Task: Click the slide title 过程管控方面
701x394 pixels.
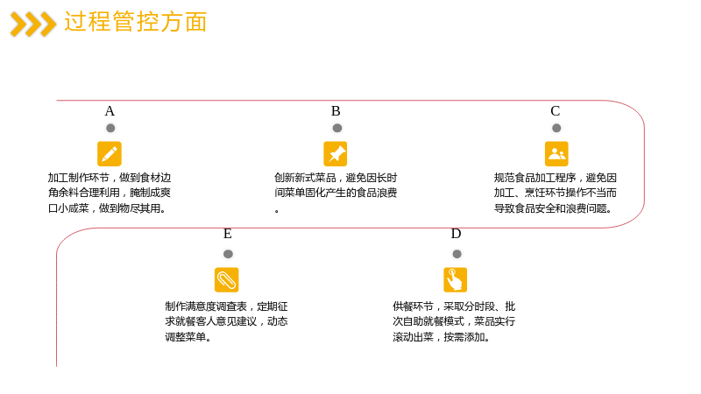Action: tap(136, 22)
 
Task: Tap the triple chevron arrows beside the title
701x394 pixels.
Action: tap(33, 25)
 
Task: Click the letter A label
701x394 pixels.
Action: tap(110, 111)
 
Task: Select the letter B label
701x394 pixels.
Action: tap(336, 111)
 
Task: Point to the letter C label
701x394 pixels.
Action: tap(556, 111)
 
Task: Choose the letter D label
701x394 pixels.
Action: tap(456, 234)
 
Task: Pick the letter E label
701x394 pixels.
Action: tap(228, 234)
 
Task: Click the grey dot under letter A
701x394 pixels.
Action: tap(110, 128)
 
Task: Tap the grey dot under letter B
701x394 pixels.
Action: tap(337, 128)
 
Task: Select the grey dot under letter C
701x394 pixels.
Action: tap(556, 128)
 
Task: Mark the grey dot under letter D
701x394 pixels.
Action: tap(457, 254)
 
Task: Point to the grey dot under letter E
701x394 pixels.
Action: tap(228, 254)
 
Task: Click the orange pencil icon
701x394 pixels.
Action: tap(110, 154)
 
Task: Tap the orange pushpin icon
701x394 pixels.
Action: tap(336, 154)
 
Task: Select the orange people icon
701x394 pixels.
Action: tap(556, 154)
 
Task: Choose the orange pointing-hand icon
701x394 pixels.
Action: tap(455, 279)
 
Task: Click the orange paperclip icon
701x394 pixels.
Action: tap(227, 279)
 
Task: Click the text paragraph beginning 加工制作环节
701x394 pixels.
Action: tap(110, 193)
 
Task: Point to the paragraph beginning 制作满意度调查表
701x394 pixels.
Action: tap(226, 321)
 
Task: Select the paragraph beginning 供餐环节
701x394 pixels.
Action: tap(454, 321)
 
